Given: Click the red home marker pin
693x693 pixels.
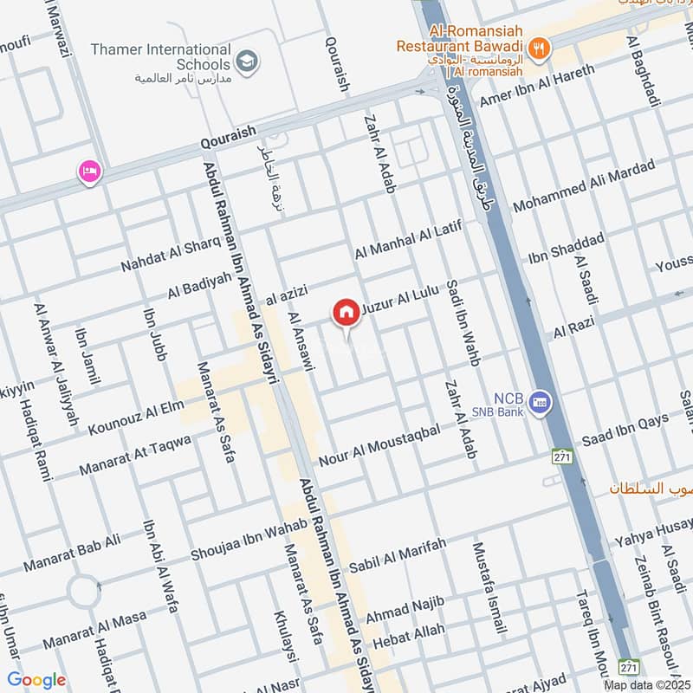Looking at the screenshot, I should (x=346, y=312).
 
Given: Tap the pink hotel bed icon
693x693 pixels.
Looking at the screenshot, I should (x=89, y=172).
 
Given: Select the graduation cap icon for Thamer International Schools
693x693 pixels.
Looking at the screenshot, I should (x=248, y=62).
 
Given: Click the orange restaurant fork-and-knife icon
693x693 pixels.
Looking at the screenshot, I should (x=539, y=49).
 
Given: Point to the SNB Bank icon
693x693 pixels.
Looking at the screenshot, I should (x=541, y=404).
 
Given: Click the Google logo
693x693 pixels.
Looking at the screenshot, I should (x=36, y=681).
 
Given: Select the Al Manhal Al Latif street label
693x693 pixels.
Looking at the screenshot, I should (x=405, y=239).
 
